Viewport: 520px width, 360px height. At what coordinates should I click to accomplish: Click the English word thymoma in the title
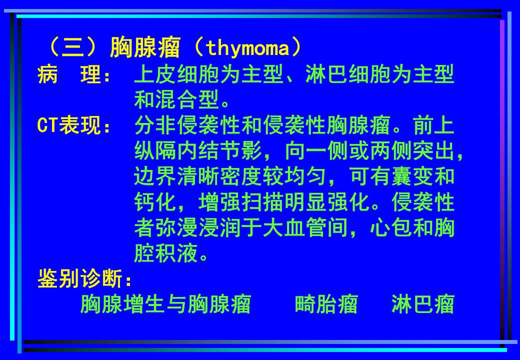pyautogui.click(x=247, y=48)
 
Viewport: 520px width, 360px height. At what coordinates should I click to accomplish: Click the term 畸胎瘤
pyautogui.click(x=326, y=304)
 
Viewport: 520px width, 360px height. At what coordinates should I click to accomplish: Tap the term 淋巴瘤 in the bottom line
pyautogui.click(x=423, y=304)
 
